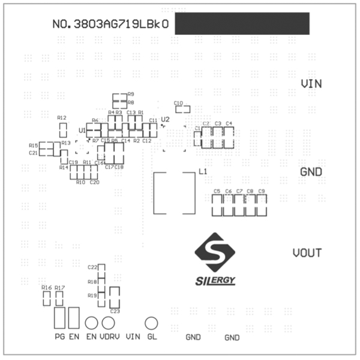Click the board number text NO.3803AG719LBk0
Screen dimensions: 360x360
(x=112, y=25)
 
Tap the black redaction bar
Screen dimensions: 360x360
(x=242, y=23)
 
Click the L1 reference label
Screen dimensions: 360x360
(x=203, y=172)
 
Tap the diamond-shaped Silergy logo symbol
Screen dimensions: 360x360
(x=215, y=251)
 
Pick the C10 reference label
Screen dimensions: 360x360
(x=178, y=103)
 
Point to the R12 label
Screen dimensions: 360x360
(x=61, y=118)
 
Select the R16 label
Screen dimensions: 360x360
(x=46, y=289)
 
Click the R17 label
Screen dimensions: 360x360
(x=59, y=289)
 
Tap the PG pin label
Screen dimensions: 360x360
(x=59, y=337)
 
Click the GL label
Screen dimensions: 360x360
(x=152, y=337)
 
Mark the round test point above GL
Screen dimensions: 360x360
(x=151, y=323)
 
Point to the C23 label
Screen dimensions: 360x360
(x=115, y=311)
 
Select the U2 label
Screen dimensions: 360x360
(x=166, y=119)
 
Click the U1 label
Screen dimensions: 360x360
(x=82, y=130)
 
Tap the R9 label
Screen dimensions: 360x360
(x=131, y=94)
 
